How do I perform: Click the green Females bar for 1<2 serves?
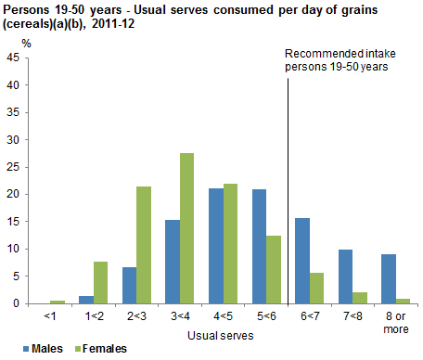100,282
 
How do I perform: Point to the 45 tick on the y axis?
13,58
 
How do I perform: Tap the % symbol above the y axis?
26,43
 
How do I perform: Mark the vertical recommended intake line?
288,186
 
